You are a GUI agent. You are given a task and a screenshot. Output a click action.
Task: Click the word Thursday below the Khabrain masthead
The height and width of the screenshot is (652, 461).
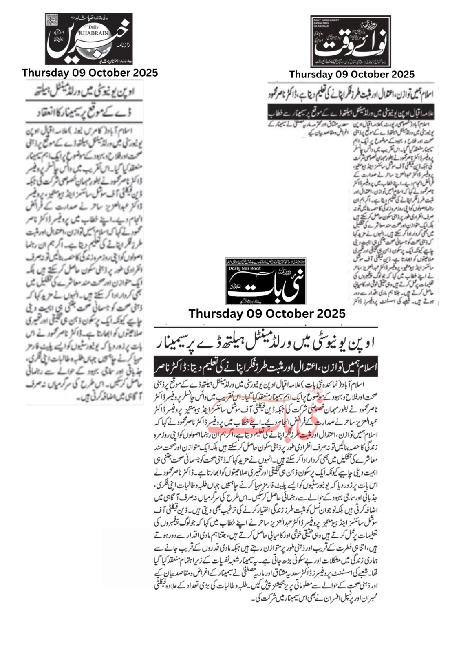(x=46, y=73)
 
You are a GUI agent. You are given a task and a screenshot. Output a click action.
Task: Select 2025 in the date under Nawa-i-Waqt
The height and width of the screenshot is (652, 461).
(x=401, y=75)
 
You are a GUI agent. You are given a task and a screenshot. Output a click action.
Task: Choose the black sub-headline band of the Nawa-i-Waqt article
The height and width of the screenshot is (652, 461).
(x=351, y=112)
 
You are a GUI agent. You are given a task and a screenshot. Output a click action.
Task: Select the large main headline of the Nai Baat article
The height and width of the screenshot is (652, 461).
(x=266, y=343)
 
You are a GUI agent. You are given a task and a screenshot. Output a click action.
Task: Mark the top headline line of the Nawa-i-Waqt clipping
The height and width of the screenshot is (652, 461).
(x=351, y=93)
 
